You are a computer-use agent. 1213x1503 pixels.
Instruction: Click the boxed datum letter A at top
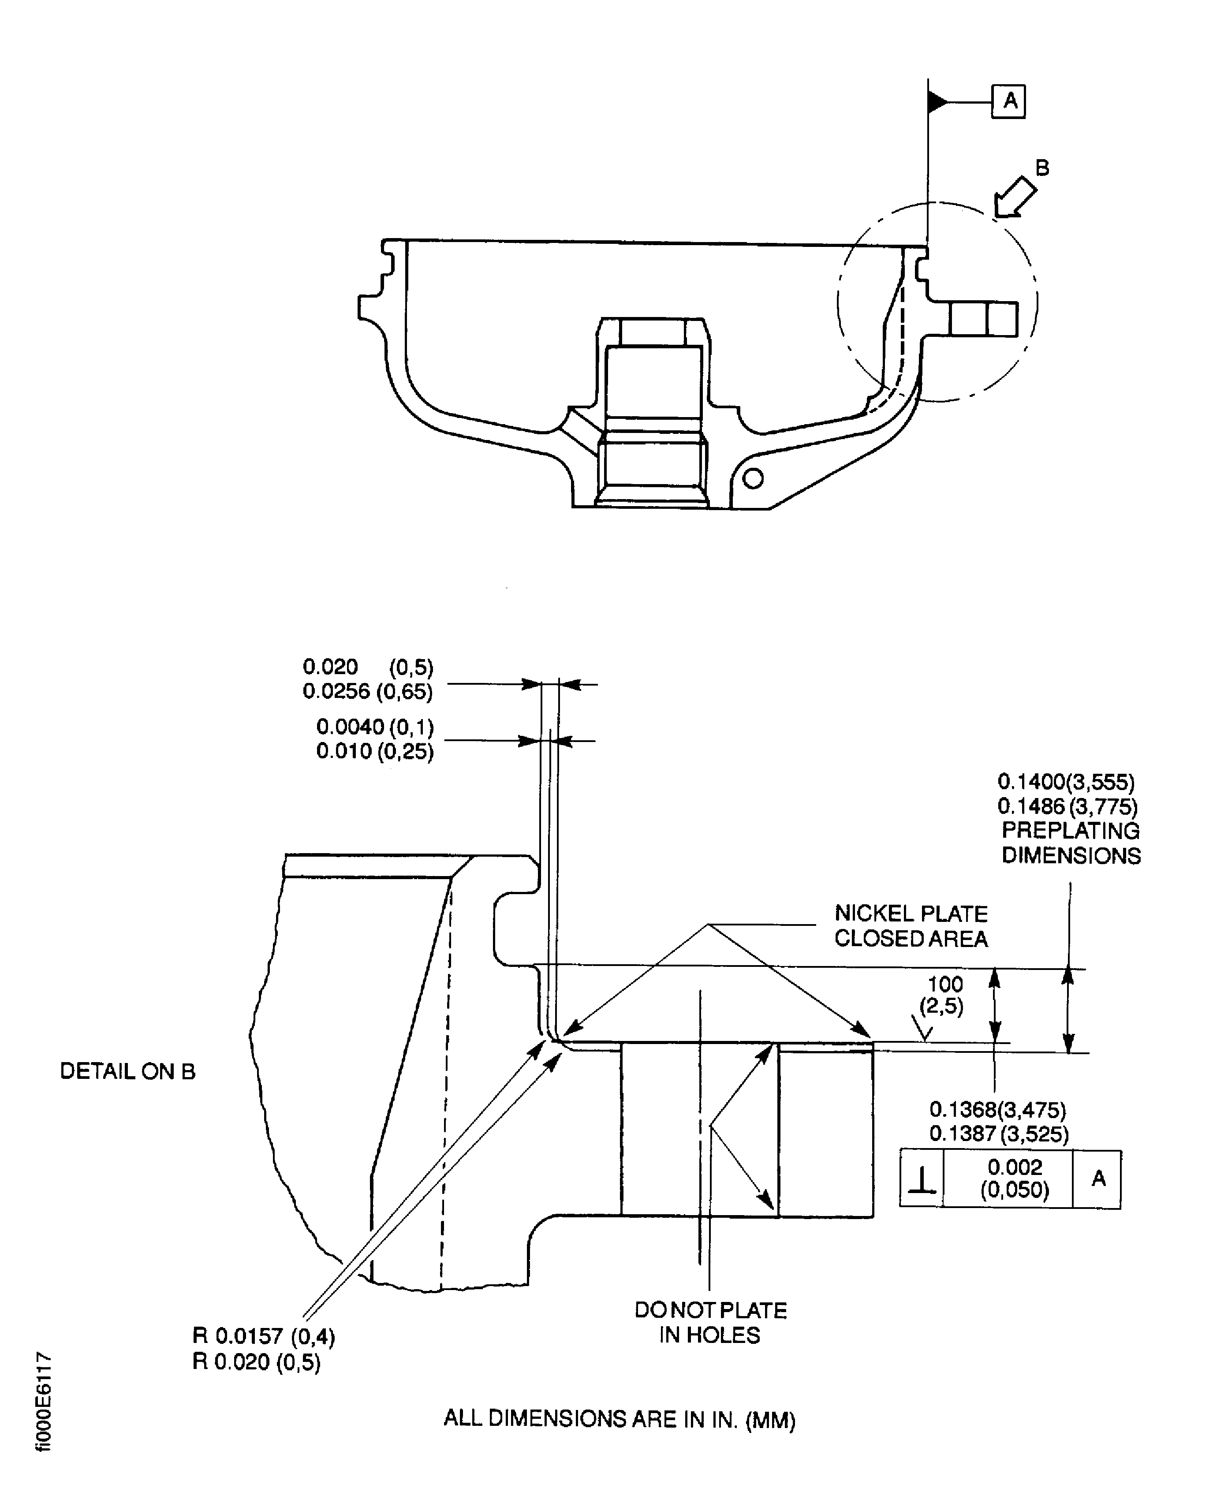(1008, 102)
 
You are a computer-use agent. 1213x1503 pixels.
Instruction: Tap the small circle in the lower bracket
(753, 479)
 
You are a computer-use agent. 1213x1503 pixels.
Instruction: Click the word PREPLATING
(1071, 831)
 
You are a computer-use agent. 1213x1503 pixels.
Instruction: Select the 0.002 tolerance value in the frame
(1015, 1167)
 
